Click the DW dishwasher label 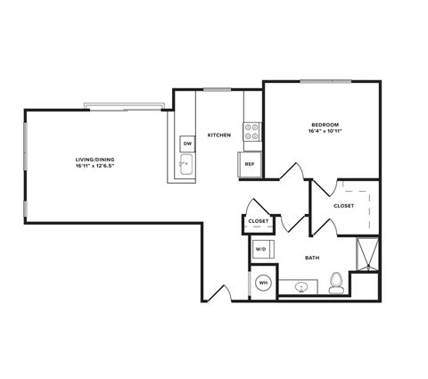click(x=187, y=143)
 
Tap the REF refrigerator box click(x=249, y=164)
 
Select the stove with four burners click(x=251, y=132)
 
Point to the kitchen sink click(x=186, y=164)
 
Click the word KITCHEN click(x=219, y=136)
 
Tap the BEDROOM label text click(x=324, y=124)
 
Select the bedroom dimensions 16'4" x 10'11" click(x=324, y=132)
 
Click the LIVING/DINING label click(x=95, y=161)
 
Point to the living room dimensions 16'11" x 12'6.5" click(x=95, y=168)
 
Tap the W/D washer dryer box click(x=261, y=250)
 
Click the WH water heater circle click(x=264, y=284)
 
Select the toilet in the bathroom click(x=336, y=283)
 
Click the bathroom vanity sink click(x=301, y=286)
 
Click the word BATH click(x=312, y=258)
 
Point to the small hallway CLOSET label click(x=259, y=220)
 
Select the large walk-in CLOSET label click(x=343, y=206)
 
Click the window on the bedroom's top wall click(x=325, y=82)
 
